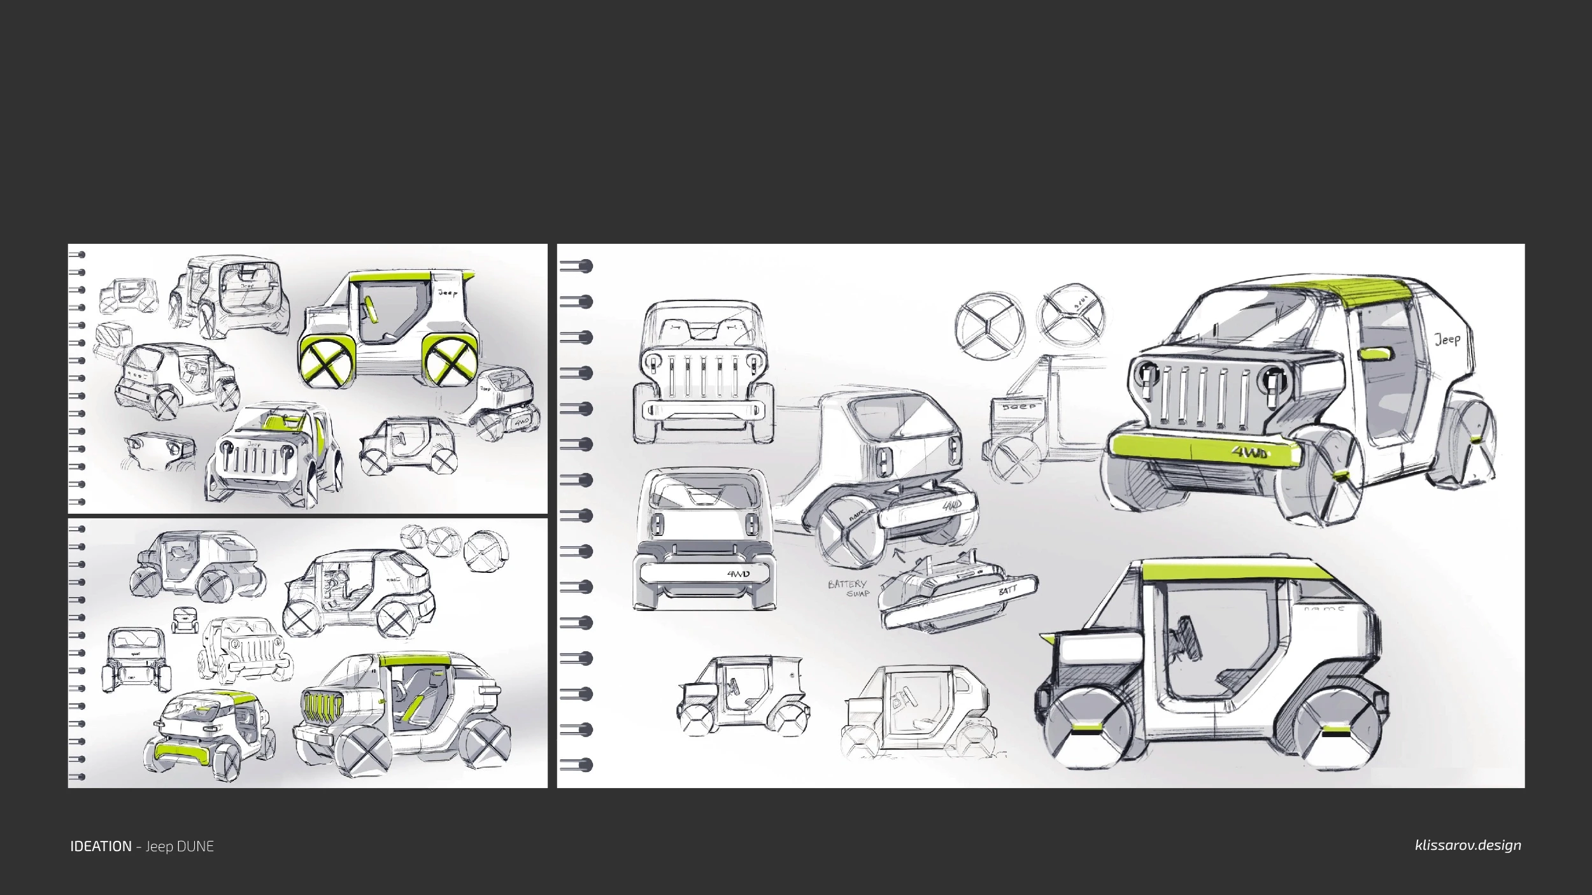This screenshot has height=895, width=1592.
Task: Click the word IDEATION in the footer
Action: pos(101,847)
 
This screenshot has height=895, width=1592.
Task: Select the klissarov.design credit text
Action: pos(1468,845)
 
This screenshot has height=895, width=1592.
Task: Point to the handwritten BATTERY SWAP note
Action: pos(848,588)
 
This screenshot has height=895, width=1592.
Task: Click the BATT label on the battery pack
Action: pos(1008,591)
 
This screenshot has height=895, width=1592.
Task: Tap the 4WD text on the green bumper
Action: pos(1249,453)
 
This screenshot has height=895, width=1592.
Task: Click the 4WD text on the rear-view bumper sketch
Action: pos(738,574)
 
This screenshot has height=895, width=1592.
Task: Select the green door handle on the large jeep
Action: pos(1375,354)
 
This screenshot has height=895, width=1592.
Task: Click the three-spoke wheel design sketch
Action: pos(990,327)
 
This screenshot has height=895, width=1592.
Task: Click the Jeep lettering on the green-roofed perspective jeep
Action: pos(1447,339)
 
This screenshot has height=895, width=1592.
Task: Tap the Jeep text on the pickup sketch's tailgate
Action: pos(1019,407)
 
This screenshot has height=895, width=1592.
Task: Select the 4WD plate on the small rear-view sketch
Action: pos(522,421)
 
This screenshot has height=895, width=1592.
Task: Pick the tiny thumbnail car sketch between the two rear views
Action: pos(184,619)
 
